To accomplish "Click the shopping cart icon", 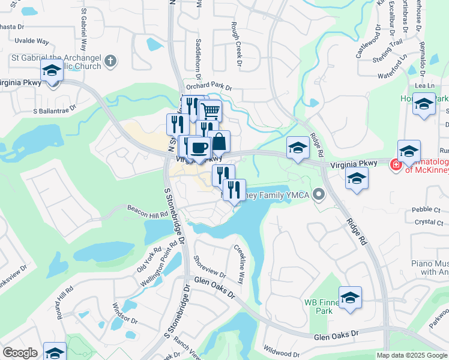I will (x=211, y=111).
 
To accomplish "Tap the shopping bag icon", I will (x=220, y=142).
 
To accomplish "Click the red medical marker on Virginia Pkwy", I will (x=395, y=164).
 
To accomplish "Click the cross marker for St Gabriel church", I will (x=110, y=60).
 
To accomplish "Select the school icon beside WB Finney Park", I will (x=350, y=297).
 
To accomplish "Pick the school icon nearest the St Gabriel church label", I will (x=52, y=71).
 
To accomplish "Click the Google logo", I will (x=19, y=353).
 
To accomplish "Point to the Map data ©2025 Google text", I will (x=411, y=355).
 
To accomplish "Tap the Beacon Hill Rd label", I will (x=147, y=211).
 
